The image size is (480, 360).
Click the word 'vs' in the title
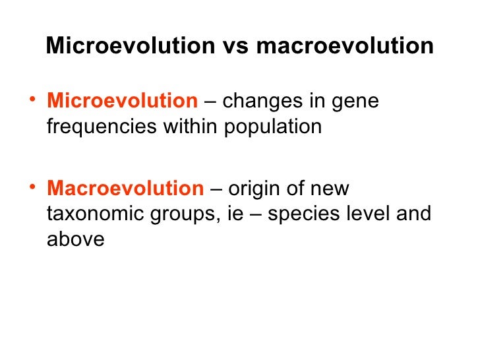(x=235, y=46)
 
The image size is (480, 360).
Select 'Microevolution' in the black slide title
(x=131, y=46)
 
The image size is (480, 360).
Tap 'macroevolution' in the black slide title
(x=344, y=46)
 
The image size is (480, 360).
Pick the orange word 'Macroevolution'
(x=125, y=189)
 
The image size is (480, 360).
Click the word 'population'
(x=273, y=127)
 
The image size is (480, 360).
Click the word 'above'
(x=75, y=239)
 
